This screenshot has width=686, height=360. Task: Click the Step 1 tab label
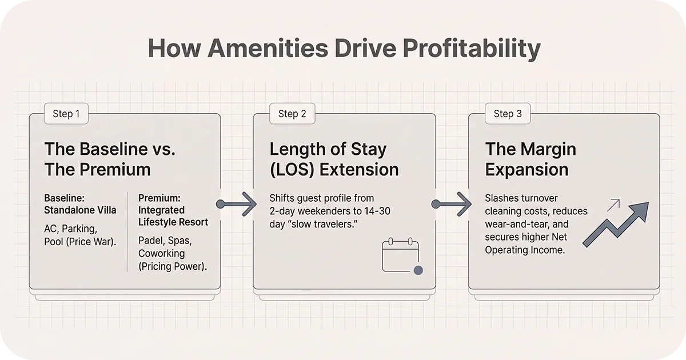coord(66,114)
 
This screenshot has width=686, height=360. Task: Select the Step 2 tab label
coord(292,114)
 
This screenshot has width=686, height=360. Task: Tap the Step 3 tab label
coord(508,114)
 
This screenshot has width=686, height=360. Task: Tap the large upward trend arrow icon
coord(616,224)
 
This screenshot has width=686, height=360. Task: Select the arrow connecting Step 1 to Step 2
coord(237,204)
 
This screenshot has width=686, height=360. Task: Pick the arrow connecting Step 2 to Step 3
coord(452,204)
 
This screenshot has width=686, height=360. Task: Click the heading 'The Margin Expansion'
coord(531,159)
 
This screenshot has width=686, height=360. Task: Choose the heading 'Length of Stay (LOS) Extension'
coord(334,159)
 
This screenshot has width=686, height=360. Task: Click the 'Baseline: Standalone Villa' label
coord(80,204)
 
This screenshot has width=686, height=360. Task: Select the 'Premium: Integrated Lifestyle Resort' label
coord(173,210)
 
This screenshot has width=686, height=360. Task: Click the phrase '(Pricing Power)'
coord(172,266)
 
